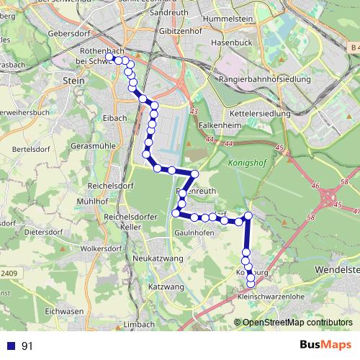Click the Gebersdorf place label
tap(67, 32)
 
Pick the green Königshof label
tap(247, 163)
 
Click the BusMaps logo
tap(325, 345)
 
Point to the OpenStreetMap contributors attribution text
tap(298, 323)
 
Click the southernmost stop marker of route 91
tap(251, 284)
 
